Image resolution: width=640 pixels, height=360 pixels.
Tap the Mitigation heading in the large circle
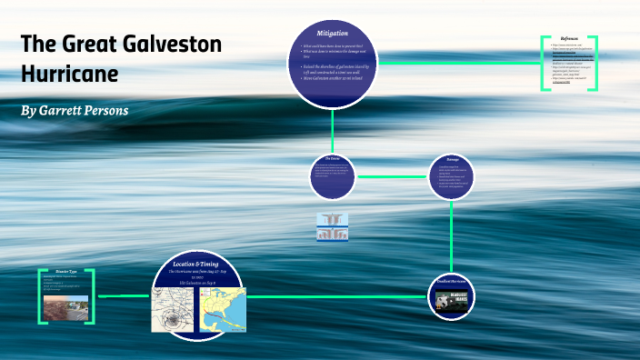[332, 33]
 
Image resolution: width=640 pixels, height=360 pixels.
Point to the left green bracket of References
[545, 64]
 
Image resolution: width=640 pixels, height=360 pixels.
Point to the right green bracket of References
[596, 64]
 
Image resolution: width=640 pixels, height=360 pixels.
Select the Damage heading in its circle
[452, 159]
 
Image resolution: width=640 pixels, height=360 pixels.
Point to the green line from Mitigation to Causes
[332, 127]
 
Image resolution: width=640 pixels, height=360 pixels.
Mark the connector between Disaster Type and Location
[123, 295]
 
